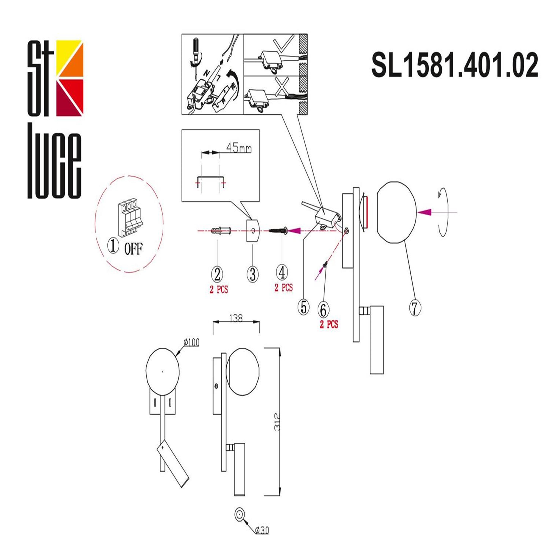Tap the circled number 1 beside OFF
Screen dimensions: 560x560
(x=113, y=247)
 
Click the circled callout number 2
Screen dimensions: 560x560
(x=217, y=274)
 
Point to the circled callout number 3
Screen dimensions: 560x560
(x=252, y=274)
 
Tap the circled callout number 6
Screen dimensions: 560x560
(x=323, y=309)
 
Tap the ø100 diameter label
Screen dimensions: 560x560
(x=192, y=342)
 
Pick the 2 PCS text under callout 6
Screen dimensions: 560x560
(x=329, y=324)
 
